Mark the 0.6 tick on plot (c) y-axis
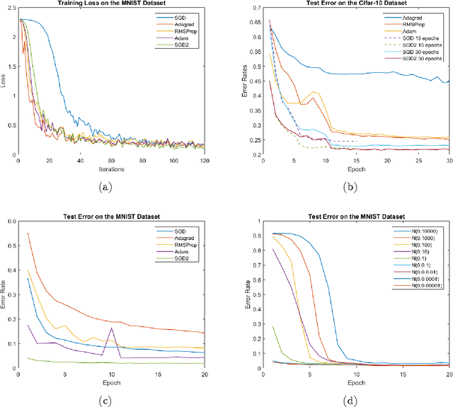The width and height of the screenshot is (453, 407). pyautogui.click(x=10, y=222)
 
